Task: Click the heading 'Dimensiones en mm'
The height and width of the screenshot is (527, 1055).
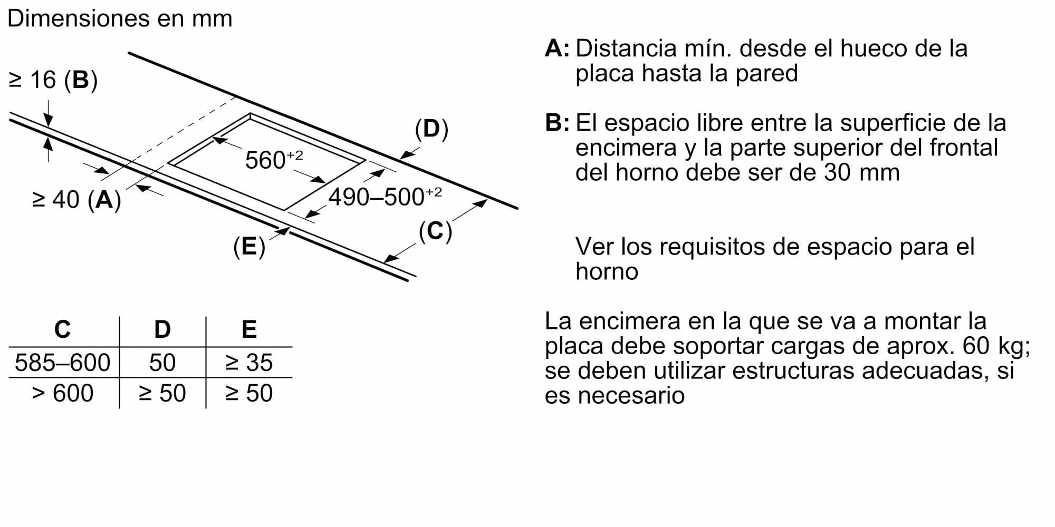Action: [x=120, y=18]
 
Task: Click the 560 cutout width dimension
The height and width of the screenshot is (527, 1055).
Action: [x=274, y=159]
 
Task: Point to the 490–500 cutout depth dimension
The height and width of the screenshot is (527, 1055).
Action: [x=385, y=197]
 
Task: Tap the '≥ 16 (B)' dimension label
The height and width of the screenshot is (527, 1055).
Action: [x=53, y=80]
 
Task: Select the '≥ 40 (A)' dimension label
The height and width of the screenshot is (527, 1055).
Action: [x=76, y=200]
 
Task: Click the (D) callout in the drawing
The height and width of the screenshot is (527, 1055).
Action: [x=431, y=129]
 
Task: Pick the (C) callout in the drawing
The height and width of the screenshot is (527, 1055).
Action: [x=435, y=231]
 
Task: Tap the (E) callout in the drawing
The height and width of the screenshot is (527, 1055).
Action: [x=249, y=246]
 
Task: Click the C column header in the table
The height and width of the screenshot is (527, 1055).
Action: [x=62, y=329]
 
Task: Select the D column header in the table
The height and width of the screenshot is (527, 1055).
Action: [x=162, y=329]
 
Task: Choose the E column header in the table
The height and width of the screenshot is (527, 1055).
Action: [x=249, y=329]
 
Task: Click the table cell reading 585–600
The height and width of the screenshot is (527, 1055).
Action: [x=62, y=363]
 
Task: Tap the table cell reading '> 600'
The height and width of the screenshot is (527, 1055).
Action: [x=62, y=393]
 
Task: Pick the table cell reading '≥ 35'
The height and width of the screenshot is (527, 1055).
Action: [x=249, y=363]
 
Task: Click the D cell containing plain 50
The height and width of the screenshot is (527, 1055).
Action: [x=162, y=363]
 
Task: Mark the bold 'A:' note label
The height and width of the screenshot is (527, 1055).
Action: [x=557, y=48]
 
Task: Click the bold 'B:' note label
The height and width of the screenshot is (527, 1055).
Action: [x=557, y=122]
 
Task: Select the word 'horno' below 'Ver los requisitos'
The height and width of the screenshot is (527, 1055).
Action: [x=607, y=271]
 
